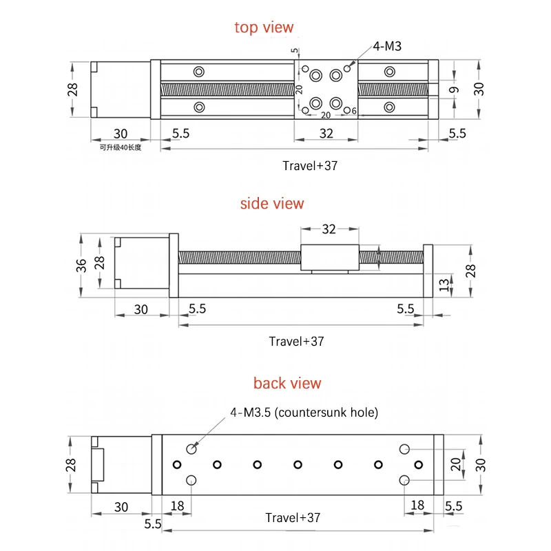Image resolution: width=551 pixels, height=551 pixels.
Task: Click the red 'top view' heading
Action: pyautogui.click(x=264, y=28)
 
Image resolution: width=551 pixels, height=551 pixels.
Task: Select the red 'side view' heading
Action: pyautogui.click(x=272, y=203)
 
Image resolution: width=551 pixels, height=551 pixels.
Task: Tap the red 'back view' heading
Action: pyautogui.click(x=287, y=383)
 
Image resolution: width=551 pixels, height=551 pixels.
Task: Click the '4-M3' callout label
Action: pyautogui.click(x=387, y=46)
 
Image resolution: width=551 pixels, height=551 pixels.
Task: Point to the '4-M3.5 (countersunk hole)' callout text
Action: pyautogui.click(x=304, y=412)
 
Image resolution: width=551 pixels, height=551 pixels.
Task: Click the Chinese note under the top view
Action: pyautogui.click(x=121, y=147)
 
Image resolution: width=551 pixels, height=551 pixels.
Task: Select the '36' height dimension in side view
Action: pyautogui.click(x=81, y=266)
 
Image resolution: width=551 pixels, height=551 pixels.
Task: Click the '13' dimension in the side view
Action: pyautogui.click(x=444, y=285)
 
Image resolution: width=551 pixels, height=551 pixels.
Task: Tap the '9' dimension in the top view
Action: pyautogui.click(x=454, y=90)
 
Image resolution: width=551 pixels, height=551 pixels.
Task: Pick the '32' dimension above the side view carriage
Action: pyautogui.click(x=329, y=229)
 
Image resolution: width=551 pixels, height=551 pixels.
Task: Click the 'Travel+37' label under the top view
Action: pyautogui.click(x=310, y=165)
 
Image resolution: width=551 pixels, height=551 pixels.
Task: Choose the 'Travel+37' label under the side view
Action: pyautogui.click(x=296, y=341)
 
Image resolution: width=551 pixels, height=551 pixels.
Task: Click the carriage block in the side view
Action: pyautogui.click(x=330, y=258)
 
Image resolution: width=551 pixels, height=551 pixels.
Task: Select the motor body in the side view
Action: pyautogui.click(x=142, y=263)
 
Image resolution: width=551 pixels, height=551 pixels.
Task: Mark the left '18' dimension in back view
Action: pyautogui.click(x=177, y=506)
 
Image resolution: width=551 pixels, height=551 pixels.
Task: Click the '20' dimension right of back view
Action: pyautogui.click(x=456, y=464)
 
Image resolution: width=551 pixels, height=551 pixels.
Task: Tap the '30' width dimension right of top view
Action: pyautogui.click(x=479, y=90)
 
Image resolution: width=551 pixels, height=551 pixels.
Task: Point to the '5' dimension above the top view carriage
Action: pyautogui.click(x=295, y=50)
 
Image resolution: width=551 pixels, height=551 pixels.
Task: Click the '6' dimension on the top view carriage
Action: pyautogui.click(x=354, y=111)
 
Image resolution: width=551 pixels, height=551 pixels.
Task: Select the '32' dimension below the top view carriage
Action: pyautogui.click(x=326, y=134)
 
